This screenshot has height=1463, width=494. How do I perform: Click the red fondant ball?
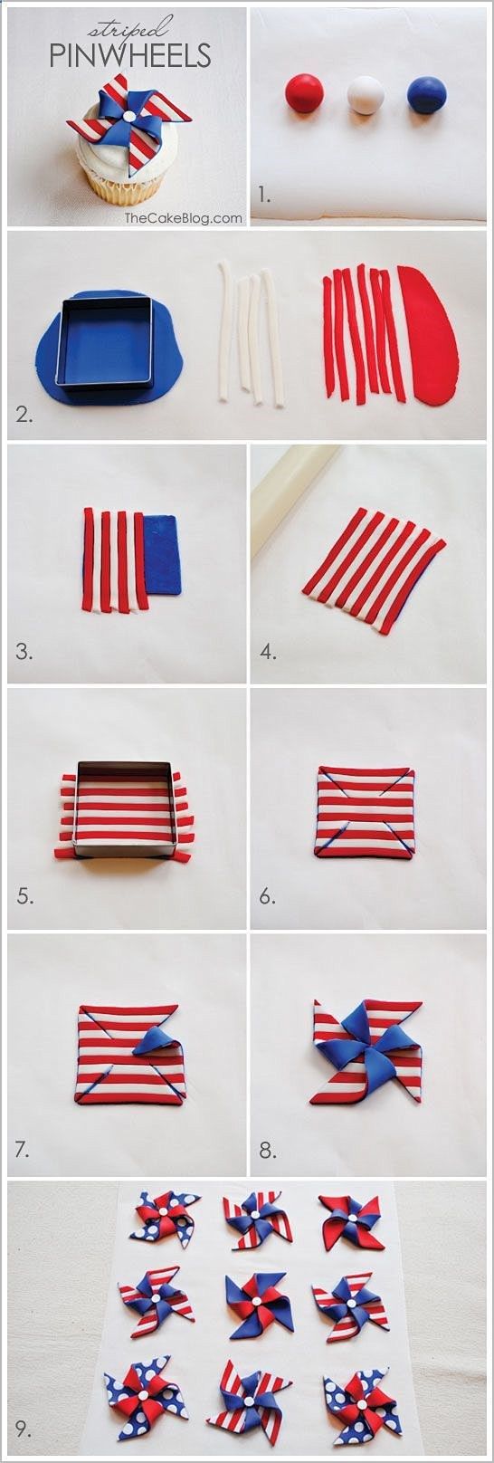point(305,92)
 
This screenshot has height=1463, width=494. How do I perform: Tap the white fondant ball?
point(366,95)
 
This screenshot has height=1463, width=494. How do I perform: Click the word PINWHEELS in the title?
point(130,56)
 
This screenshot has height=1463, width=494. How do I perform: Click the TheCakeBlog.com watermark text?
point(184,218)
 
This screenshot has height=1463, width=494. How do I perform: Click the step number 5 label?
point(24,896)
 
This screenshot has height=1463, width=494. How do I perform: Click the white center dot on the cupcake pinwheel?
point(129,116)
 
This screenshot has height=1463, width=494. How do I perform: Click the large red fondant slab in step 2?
point(428,334)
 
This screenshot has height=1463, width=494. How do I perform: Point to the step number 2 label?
point(24,415)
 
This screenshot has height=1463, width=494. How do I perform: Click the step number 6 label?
point(268,896)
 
